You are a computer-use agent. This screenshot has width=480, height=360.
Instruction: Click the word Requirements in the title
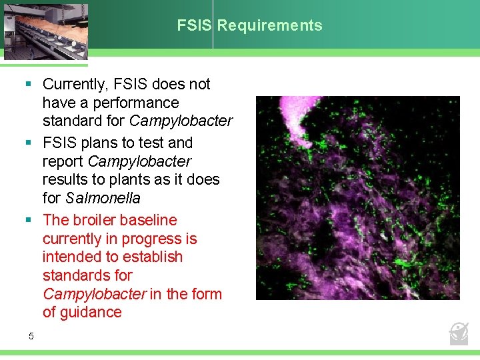pos(269,26)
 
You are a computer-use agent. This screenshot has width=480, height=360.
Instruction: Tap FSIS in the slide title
pos(194,26)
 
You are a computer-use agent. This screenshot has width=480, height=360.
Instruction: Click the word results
pos(64,180)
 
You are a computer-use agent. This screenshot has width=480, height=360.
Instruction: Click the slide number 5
pos(31,336)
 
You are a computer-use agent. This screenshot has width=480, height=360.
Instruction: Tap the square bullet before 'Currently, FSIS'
pos(29,84)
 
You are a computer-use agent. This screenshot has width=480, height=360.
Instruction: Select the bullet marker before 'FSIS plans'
pos(29,143)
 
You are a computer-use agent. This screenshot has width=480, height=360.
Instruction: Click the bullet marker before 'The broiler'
pos(29,220)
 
